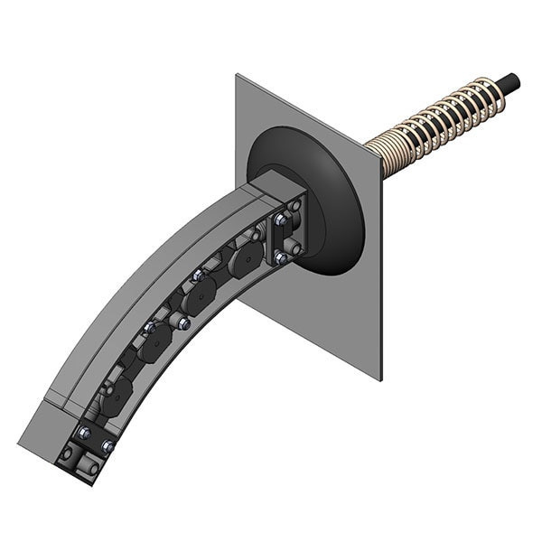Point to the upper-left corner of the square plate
(238, 76)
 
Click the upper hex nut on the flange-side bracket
(281, 220)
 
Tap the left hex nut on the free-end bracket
(81, 434)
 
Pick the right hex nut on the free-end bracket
(107, 446)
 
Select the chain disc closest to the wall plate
(245, 262)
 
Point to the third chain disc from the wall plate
(155, 341)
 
